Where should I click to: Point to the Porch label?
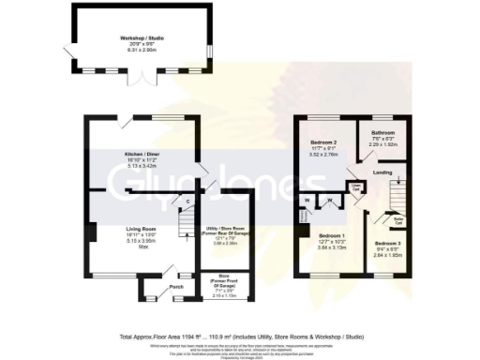coord(175,287)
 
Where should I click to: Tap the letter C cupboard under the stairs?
coord(187,201)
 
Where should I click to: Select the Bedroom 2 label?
coord(325,143)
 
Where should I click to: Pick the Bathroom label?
coord(382,133)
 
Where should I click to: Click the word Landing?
coord(382,172)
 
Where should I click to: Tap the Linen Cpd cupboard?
coord(356,187)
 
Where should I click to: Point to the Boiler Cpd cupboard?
coord(397,221)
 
